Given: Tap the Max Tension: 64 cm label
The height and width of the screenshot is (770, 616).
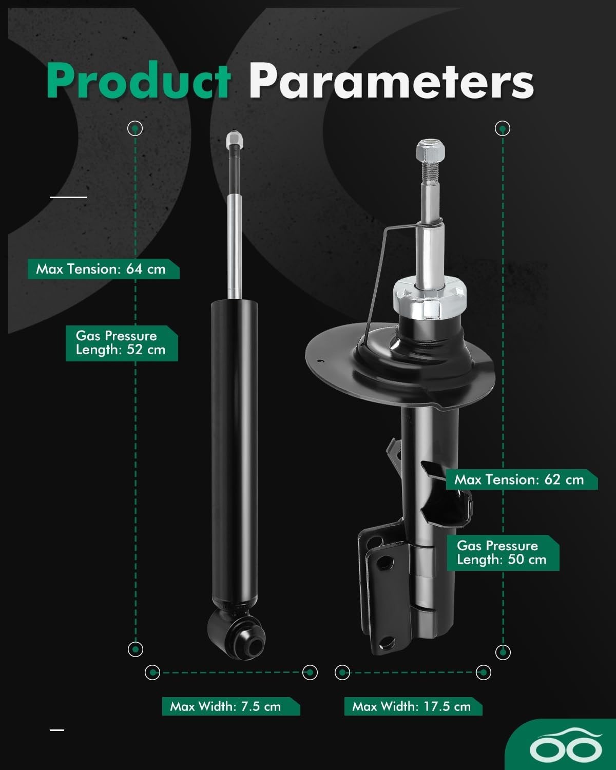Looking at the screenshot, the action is coord(104,269).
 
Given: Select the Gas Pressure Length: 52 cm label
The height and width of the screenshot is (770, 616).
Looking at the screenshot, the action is coord(122,343).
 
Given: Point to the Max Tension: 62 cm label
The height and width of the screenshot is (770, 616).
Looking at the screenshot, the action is coord(522,479).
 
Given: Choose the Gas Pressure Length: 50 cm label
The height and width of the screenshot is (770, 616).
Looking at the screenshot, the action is coord(503,553).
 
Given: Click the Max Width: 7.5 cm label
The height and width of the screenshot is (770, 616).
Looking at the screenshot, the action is coord(231,706).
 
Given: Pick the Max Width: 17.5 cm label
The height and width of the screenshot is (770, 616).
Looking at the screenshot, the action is coord(413,706).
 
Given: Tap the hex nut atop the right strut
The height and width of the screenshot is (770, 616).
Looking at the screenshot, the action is coord(431,150).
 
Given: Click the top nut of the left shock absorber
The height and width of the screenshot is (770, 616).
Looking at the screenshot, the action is coord(235,139).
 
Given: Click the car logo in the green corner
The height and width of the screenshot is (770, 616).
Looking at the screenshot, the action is coord(565,747).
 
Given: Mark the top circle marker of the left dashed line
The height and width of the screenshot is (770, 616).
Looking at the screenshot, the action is coord(135,128).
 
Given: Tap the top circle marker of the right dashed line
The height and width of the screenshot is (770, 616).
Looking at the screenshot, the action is coord(503,128).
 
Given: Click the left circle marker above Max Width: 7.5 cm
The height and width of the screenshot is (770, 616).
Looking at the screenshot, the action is coord(152,672).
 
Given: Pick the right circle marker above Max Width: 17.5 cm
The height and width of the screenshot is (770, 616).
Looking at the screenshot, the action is coord(484,672).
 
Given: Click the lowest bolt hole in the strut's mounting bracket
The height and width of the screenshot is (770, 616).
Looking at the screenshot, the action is coord(387,643).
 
